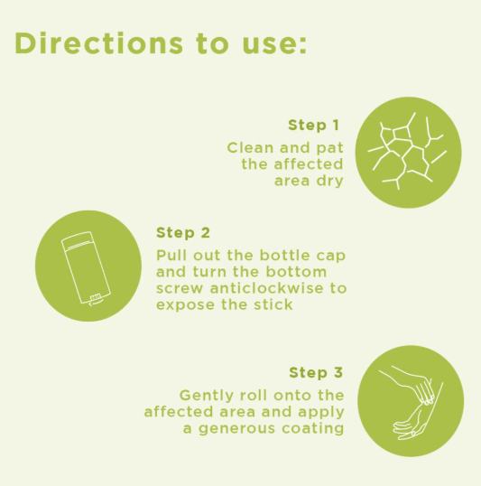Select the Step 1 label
pos(313,126)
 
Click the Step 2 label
pos(183,233)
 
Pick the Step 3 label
pos(316,372)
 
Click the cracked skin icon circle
pos(408,152)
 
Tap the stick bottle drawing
pos(86,267)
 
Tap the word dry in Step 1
pos(330,182)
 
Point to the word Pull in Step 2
pos(171,256)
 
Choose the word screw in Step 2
pos(180,289)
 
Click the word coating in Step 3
pos(313,429)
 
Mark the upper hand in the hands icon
pos(411,384)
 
